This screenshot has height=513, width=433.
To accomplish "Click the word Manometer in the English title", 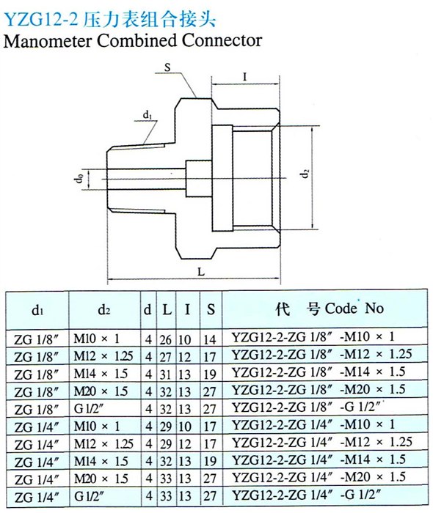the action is tap(48, 40).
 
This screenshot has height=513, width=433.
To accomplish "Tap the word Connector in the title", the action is tap(222, 40).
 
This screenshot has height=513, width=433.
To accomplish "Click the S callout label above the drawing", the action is tap(167, 67).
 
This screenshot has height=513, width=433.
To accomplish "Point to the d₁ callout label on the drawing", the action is tap(147, 115).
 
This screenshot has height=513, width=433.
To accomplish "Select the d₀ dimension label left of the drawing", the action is tap(79, 178).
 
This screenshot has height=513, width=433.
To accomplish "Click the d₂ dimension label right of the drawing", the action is tap(305, 173).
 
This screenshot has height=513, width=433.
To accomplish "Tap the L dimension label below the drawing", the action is tap(201, 271).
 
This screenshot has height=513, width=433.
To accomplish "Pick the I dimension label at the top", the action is tap(244, 77).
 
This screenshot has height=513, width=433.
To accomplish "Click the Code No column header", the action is tap(354, 309).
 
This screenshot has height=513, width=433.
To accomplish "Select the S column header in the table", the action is tap(211, 309).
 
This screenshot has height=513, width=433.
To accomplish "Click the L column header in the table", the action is tap(167, 309).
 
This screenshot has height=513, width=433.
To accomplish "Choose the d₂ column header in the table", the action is tap(103, 309).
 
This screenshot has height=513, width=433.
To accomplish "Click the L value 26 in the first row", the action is tap(166, 339).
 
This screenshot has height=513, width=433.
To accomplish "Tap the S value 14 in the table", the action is tap(210, 339).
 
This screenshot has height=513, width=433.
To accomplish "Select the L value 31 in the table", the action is tap(165, 374).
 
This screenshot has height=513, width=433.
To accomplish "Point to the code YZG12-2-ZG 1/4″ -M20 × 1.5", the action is tap(319, 477).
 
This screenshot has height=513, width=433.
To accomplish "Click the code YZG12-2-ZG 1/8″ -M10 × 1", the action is tap(313, 336).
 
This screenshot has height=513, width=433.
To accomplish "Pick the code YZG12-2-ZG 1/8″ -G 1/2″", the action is tap(307, 407).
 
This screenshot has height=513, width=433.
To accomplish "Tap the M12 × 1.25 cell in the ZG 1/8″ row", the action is tap(103, 356).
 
